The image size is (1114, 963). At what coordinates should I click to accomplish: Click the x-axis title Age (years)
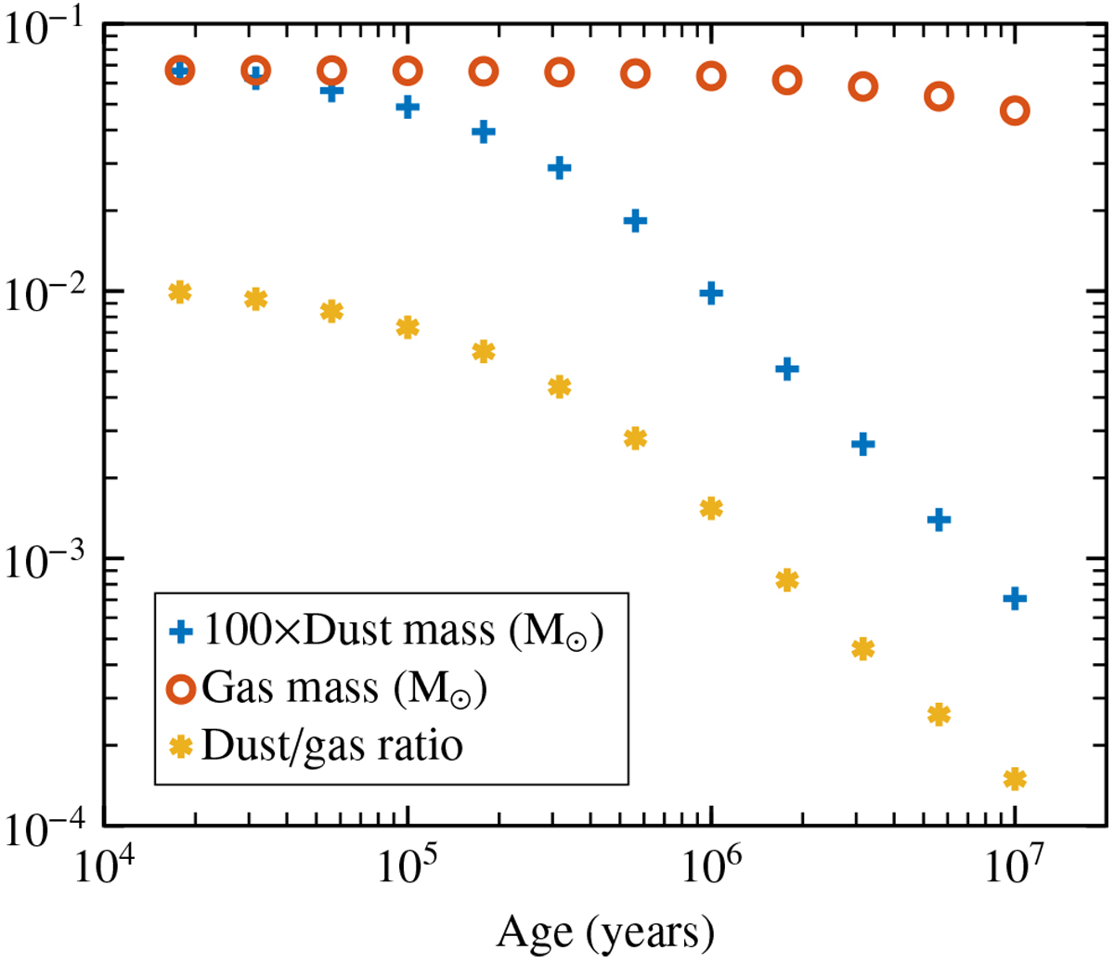[605, 931]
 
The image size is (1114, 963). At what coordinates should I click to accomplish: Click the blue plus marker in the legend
[181, 631]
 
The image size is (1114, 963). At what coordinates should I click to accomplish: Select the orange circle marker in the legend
[181, 689]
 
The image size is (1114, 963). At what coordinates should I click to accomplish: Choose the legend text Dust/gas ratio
[331, 746]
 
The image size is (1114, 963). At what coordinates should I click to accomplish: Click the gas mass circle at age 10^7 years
[1015, 111]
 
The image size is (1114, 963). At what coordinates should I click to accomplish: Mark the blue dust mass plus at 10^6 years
[711, 293]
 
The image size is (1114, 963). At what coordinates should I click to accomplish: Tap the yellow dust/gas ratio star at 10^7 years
[1015, 779]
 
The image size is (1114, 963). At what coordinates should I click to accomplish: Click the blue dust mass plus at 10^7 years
[1015, 598]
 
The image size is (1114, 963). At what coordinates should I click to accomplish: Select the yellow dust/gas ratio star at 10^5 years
[408, 327]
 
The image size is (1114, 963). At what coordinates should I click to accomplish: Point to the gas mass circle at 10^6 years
[711, 76]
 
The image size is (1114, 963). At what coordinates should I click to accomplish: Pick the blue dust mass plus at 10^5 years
[408, 107]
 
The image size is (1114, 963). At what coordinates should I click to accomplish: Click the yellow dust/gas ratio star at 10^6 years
[711, 508]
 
